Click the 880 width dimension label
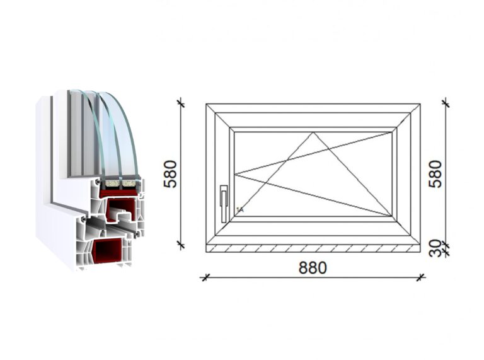313,268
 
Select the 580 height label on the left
170,174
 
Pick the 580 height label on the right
435,174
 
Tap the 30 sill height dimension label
435,248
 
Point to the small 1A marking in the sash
240,210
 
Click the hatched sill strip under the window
313,248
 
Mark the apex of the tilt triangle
313,132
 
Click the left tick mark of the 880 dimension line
205,277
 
